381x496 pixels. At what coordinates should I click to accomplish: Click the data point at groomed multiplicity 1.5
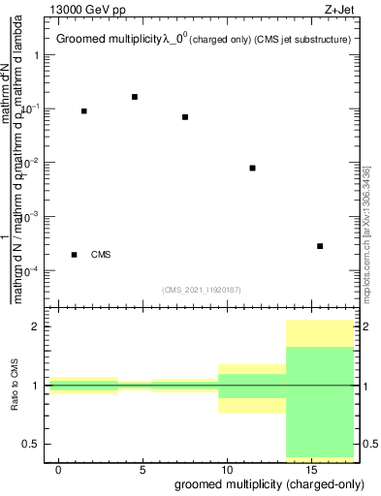[84, 111]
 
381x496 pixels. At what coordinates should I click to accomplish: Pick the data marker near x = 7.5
[185, 117]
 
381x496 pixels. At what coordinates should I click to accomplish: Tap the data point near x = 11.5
[252, 168]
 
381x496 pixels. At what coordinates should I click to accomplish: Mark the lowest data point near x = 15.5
[320, 246]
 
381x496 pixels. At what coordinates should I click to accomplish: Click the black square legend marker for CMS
[75, 255]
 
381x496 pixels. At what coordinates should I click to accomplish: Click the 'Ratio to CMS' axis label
[16, 386]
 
